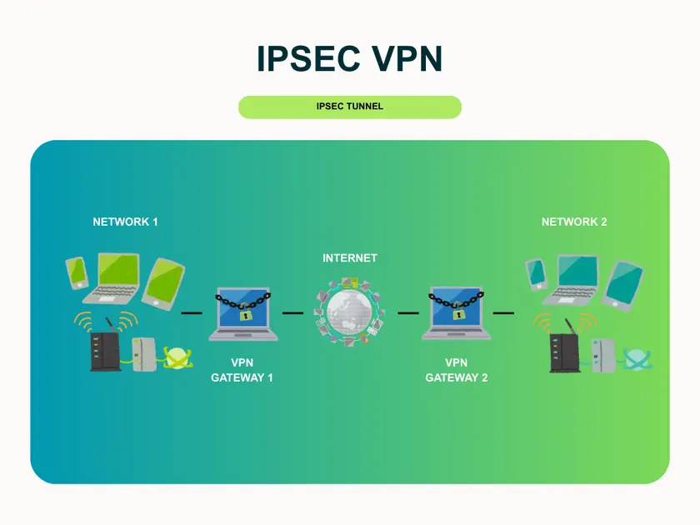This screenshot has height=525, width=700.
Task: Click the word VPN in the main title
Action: pos(407,58)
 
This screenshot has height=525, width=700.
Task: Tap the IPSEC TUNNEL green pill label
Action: pos(350,107)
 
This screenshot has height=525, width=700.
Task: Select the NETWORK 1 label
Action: pos(125,222)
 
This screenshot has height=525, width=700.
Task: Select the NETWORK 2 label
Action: pos(574,222)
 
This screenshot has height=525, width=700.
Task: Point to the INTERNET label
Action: pos(350,258)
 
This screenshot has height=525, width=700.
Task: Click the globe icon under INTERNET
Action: pos(349,313)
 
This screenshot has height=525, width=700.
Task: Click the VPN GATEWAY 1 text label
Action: pos(242,370)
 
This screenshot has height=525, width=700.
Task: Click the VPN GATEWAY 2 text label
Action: pos(457,370)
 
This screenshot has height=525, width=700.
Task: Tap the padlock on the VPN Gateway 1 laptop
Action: pos(245,315)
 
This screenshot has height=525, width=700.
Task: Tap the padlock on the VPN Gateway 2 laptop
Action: pos(458,315)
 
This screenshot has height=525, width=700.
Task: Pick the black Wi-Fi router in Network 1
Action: pos(104,348)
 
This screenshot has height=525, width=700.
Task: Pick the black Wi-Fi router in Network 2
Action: pos(564,350)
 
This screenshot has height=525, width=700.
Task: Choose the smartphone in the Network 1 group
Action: pos(77,272)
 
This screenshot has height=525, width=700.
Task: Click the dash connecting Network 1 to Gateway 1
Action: pos(192,312)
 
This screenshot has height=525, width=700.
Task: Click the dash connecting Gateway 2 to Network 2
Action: pos(503,312)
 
